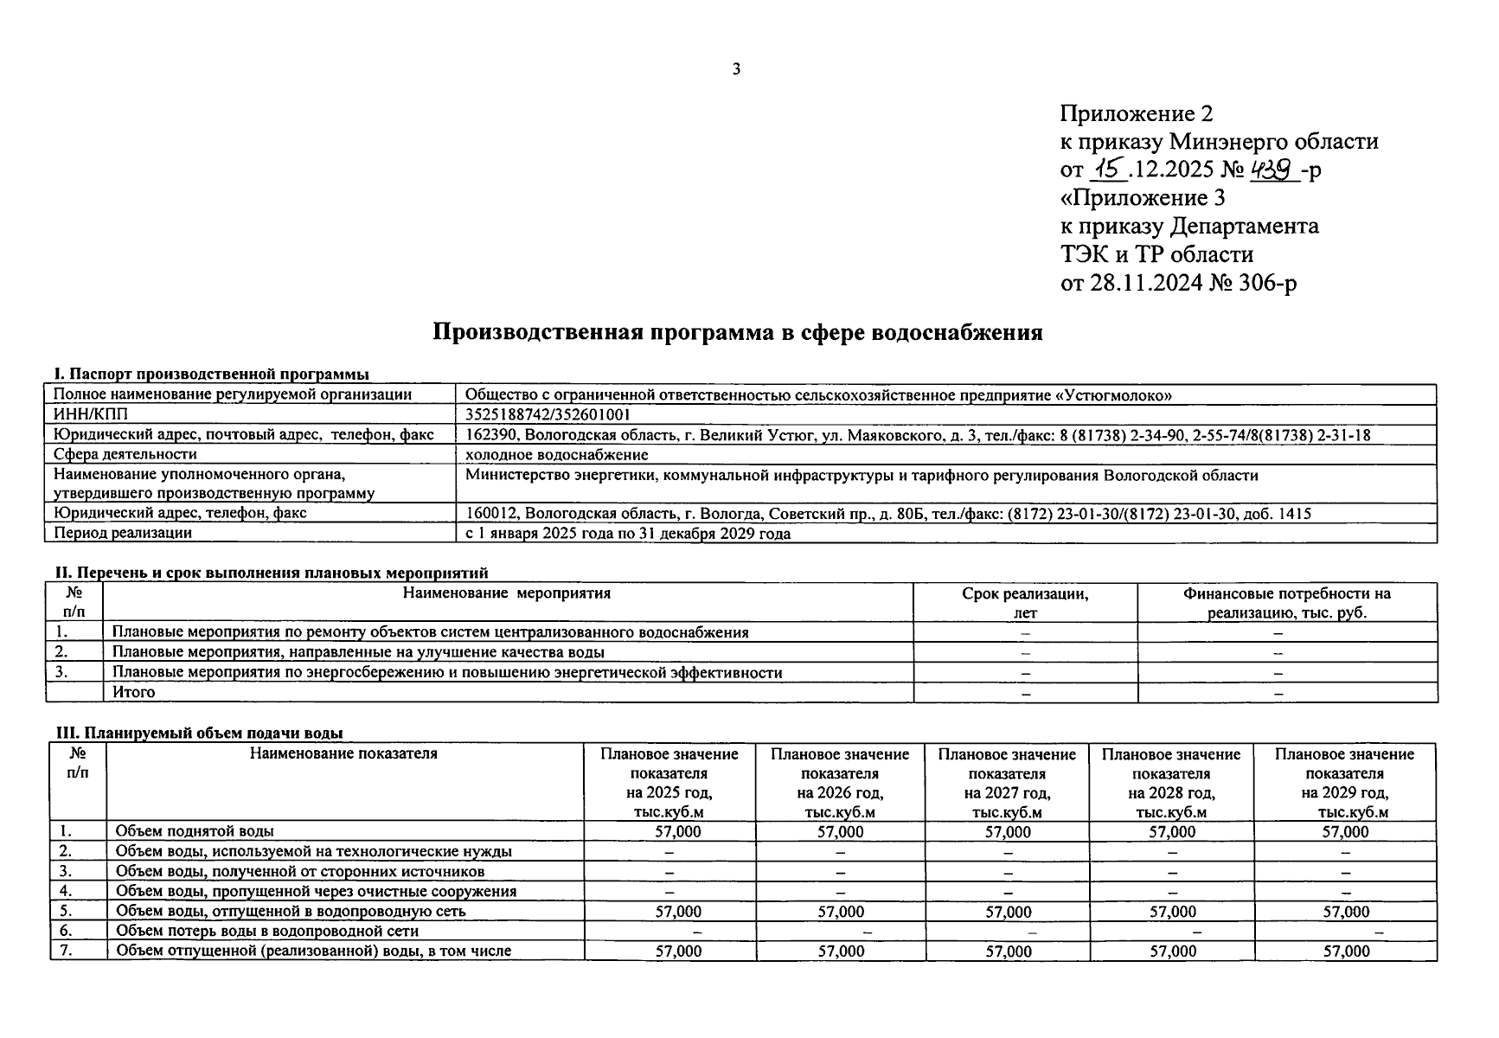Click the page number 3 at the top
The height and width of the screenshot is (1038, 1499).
[736, 70]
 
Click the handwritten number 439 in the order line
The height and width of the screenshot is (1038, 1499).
[1276, 169]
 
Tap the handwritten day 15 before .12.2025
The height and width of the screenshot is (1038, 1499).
[1109, 170]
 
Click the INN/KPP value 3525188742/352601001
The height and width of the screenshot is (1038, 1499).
[548, 415]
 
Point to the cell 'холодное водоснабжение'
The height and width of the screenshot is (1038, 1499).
[556, 455]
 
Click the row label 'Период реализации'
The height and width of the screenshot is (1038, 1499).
[123, 534]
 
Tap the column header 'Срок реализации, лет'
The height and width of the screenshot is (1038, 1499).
[1025, 603]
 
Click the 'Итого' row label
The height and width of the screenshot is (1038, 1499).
[134, 692]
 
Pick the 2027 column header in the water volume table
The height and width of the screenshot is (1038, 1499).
[1007, 783]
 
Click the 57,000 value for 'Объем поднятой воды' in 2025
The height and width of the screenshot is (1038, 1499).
[678, 832]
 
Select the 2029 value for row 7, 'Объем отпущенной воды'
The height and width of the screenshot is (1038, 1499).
[1346, 951]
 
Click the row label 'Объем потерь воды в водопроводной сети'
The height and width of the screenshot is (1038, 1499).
[267, 932]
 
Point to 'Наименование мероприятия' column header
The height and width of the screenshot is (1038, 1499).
[507, 593]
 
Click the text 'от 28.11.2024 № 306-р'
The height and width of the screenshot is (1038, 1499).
[1178, 283]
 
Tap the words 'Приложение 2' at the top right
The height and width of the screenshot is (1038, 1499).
[1137, 113]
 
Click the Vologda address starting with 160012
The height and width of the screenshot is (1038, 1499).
[887, 514]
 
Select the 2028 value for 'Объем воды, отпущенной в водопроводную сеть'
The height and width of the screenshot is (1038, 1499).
[1172, 912]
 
